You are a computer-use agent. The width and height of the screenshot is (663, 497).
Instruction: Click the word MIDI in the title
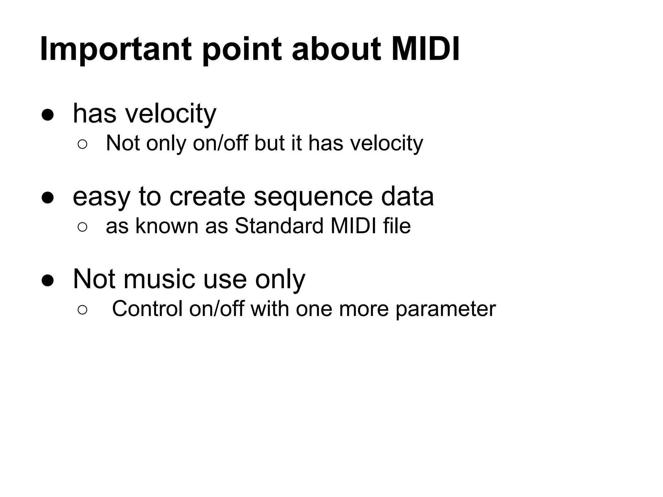point(425,49)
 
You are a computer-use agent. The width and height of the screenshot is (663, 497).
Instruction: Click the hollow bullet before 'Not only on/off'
point(82,145)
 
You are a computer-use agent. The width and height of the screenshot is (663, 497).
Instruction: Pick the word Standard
point(279,226)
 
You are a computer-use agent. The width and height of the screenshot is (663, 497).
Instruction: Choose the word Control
point(147,309)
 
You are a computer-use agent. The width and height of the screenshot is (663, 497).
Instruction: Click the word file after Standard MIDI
point(397,226)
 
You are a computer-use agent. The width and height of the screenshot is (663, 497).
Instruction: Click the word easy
point(101,197)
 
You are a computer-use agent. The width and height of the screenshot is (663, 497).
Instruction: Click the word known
point(167,226)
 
